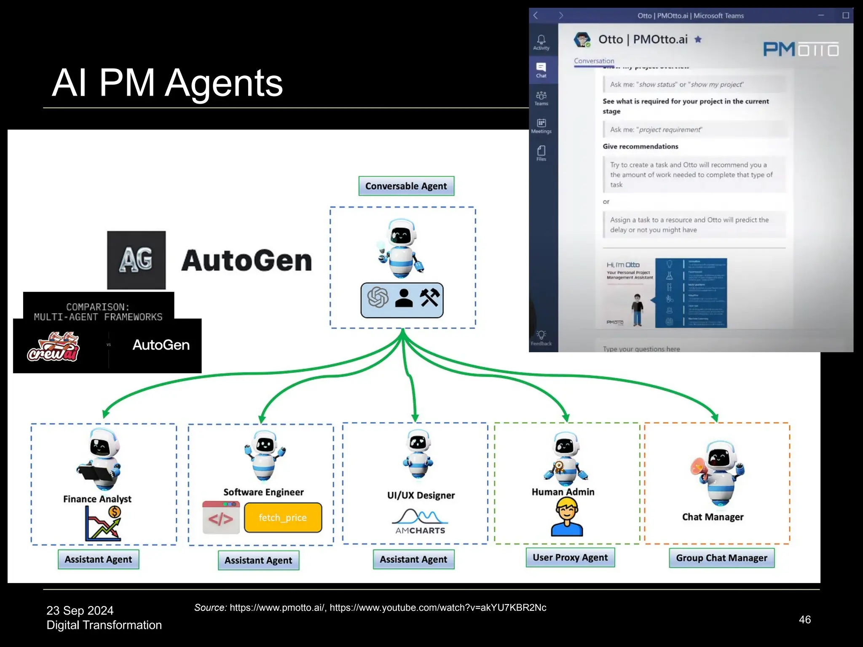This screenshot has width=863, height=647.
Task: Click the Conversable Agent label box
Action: point(406,186)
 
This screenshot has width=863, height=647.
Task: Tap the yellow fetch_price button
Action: point(283,517)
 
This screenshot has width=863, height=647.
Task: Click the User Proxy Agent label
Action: point(570,557)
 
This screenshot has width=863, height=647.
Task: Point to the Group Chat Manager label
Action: point(721,558)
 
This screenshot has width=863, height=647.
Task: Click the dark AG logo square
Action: point(136,260)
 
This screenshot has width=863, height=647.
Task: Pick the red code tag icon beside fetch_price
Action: point(221,517)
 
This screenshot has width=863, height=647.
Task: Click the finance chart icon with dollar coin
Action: point(103,524)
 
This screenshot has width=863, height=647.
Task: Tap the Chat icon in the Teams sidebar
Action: point(541,70)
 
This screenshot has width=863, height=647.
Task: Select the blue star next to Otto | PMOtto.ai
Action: point(698,40)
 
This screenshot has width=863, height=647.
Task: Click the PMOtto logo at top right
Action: point(801,50)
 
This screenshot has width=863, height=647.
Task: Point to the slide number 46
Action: point(804,619)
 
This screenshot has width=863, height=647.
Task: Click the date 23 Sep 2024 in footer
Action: point(80,610)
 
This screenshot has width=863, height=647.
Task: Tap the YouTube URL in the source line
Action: point(438,607)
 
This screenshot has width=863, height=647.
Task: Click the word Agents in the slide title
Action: point(223,83)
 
